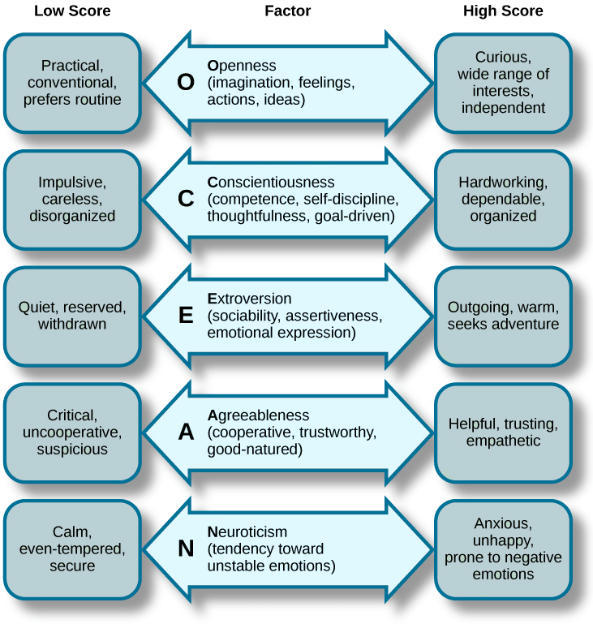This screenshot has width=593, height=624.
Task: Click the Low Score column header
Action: point(72,11)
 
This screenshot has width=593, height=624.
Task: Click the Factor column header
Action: point(288,11)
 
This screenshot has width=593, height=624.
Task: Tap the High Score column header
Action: point(503,11)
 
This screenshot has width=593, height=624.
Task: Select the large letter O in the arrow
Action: point(186,83)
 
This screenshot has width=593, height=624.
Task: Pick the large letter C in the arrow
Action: point(186,200)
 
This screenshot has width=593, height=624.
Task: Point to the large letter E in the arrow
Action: point(186,316)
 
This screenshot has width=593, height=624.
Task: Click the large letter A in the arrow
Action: point(186,432)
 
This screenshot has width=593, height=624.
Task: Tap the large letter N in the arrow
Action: point(186,549)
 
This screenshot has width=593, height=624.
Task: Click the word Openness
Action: point(242,66)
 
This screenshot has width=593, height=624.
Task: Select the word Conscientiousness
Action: point(270,182)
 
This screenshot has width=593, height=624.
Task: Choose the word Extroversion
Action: point(249,299)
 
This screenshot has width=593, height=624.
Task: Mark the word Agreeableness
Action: point(258,415)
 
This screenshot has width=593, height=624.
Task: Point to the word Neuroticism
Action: point(247,532)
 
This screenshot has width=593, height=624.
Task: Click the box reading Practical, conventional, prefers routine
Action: point(72,83)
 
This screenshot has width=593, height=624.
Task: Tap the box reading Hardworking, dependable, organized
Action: point(503,200)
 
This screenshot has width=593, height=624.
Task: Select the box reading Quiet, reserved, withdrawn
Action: point(72,316)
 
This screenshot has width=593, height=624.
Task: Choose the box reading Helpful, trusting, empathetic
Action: point(503,432)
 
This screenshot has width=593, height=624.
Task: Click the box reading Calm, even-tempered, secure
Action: point(72,549)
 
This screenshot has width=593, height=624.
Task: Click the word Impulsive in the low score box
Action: point(72,183)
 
